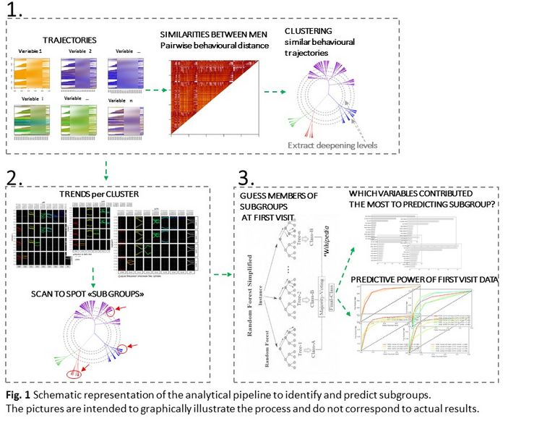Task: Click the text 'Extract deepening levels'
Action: pos(332,145)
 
